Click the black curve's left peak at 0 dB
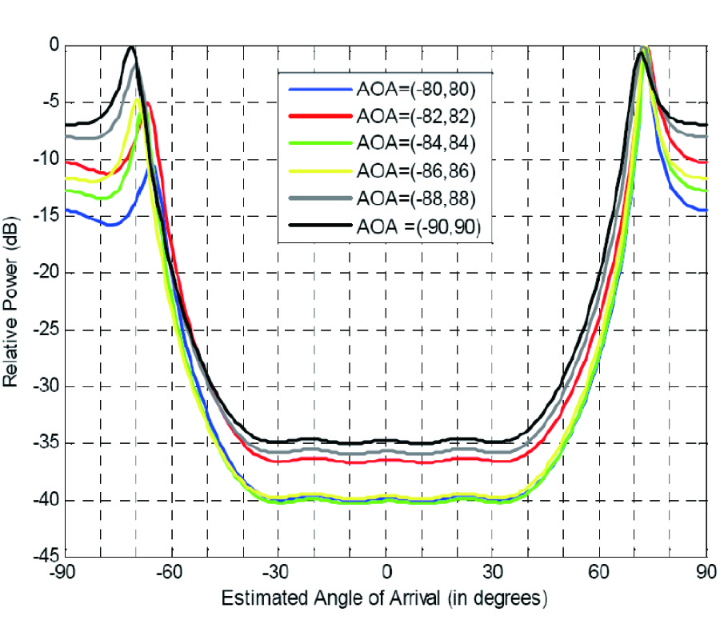pos(132,48)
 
